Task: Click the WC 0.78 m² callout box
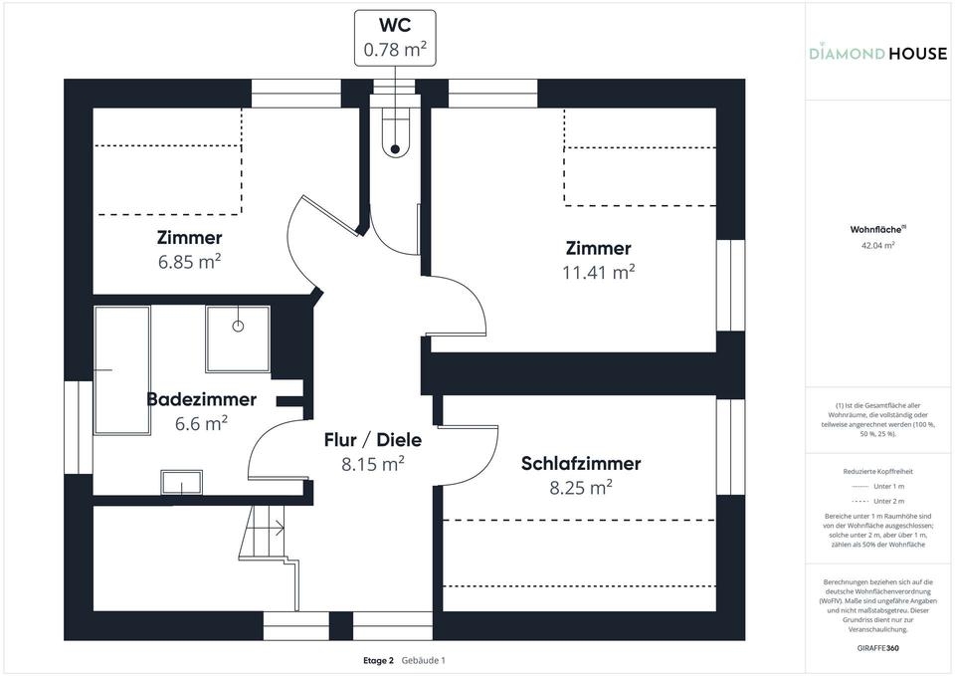(x=395, y=38)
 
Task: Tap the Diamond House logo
(x=877, y=53)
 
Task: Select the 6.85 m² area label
(x=189, y=262)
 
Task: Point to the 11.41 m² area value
(x=598, y=272)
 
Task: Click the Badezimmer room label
(x=201, y=399)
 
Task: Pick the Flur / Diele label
(x=373, y=439)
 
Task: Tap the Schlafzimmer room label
(x=581, y=463)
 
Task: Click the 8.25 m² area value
(x=581, y=488)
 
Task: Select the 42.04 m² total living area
(x=876, y=245)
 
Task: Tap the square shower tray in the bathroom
(x=238, y=337)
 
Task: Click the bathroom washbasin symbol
(x=181, y=483)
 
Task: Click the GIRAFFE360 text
(x=876, y=647)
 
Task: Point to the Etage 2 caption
(x=378, y=660)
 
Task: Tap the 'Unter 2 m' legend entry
(x=876, y=501)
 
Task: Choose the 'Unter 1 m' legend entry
(x=876, y=486)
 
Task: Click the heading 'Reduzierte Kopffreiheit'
(x=876, y=471)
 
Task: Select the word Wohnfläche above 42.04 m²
(x=874, y=229)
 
